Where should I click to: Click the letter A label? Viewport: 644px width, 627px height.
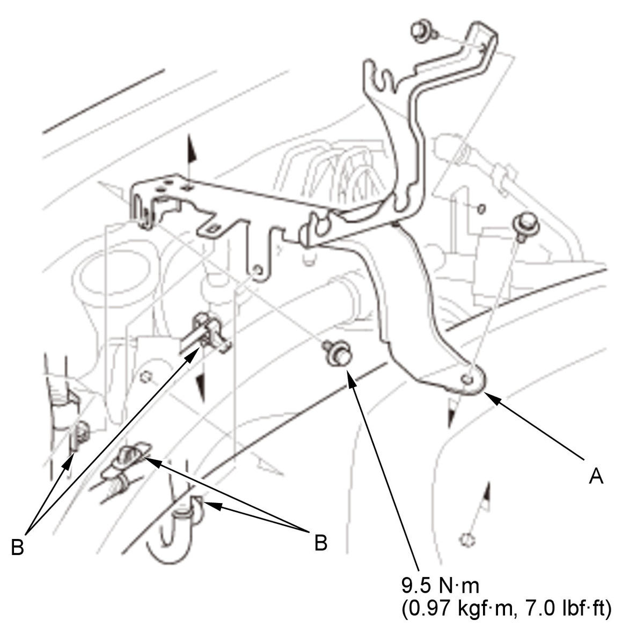(x=596, y=477)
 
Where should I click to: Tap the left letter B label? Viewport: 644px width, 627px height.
(x=18, y=548)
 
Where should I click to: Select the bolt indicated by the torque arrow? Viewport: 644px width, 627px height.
(x=338, y=354)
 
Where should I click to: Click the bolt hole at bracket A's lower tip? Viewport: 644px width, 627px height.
(x=466, y=379)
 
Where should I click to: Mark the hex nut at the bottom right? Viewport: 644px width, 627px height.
(x=467, y=540)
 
